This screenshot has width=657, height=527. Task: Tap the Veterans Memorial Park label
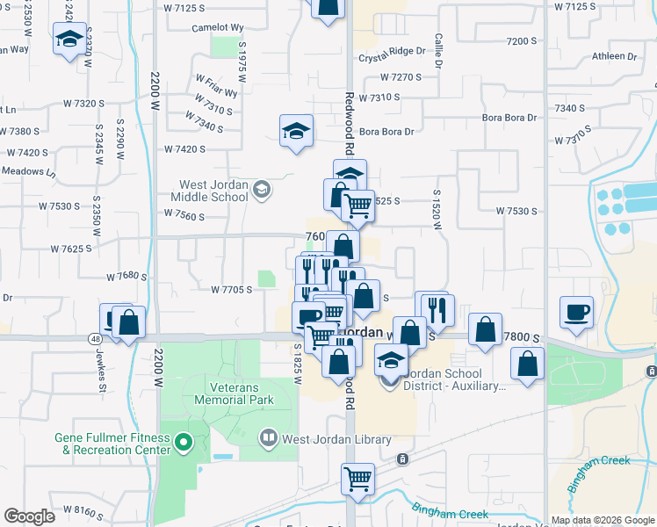pyautogui.click(x=241, y=393)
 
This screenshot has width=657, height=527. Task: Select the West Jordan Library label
pyautogui.click(x=323, y=437)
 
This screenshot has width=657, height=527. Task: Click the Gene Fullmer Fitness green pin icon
pyautogui.click(x=184, y=444)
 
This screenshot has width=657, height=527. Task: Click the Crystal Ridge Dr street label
pyautogui.click(x=397, y=59)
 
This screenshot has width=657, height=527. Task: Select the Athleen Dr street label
pyautogui.click(x=614, y=56)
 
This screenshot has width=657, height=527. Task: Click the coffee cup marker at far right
pyautogui.click(x=576, y=312)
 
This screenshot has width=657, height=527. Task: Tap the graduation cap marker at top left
pyautogui.click(x=69, y=39)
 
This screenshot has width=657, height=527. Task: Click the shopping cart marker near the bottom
pyautogui.click(x=357, y=480)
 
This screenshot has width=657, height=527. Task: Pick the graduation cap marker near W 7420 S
pyautogui.click(x=297, y=132)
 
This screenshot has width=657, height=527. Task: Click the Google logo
pyautogui.click(x=29, y=516)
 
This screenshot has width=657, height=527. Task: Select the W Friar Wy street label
pyautogui.click(x=216, y=90)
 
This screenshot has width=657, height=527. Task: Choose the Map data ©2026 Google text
pyautogui.click(x=602, y=520)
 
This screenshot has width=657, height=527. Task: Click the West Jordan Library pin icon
pyautogui.click(x=268, y=437)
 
